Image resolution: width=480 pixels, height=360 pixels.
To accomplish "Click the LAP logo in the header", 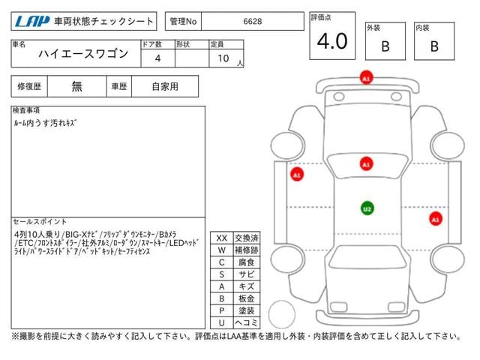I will (x=31, y=22).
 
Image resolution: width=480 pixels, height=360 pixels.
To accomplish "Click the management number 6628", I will (x=252, y=22).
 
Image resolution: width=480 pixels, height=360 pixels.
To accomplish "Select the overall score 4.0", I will (x=332, y=42).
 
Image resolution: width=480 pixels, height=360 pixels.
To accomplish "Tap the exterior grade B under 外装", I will (x=385, y=46).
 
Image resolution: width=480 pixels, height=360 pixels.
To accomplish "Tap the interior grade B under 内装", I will (x=433, y=46).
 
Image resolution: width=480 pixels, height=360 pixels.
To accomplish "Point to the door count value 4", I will (x=157, y=58).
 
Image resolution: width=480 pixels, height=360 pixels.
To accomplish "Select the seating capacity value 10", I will (x=223, y=58).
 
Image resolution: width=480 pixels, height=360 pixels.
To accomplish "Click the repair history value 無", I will (x=77, y=86).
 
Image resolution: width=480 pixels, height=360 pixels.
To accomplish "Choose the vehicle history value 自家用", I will (x=164, y=86).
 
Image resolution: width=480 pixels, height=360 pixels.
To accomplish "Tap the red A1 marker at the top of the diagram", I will (x=365, y=78).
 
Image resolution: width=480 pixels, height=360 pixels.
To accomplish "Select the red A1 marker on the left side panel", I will (x=296, y=175).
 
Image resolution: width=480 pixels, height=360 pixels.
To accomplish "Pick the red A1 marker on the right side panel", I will (x=435, y=219).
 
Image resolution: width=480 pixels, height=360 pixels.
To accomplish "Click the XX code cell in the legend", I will (x=221, y=238).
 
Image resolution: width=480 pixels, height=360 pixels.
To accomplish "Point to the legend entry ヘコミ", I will (x=246, y=322).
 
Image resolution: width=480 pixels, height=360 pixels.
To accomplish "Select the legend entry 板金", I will (x=246, y=298).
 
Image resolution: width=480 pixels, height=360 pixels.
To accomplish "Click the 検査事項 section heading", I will (x=26, y=110).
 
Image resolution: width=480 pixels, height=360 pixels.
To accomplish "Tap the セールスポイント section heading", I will (x=40, y=222).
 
